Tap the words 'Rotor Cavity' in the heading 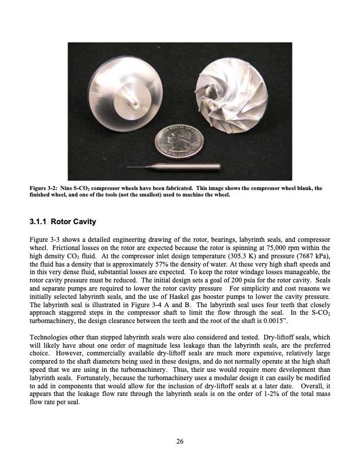tap(74, 222)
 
